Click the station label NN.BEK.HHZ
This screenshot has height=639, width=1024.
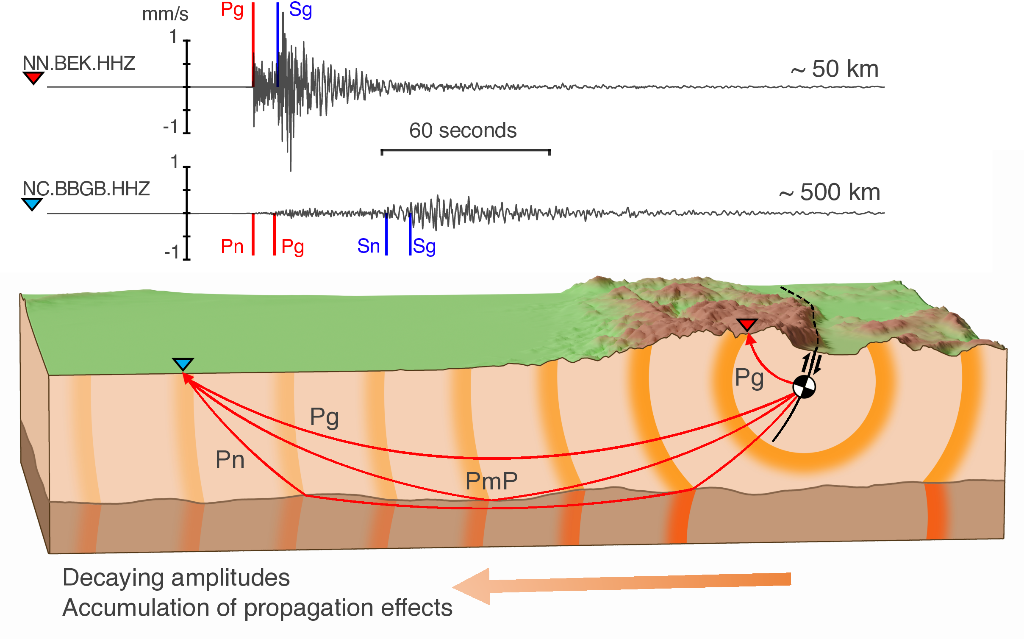coord(79,64)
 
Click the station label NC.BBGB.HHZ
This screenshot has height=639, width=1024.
coord(86,189)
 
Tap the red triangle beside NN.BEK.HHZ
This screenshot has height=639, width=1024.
coord(33,78)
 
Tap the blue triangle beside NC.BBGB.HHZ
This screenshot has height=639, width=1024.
coord(32,204)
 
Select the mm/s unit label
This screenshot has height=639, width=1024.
coord(165,14)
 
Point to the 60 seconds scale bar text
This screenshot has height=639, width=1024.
coord(463,131)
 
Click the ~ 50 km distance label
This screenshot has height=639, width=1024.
coord(834,69)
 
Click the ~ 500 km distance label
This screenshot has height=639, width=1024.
coord(829,192)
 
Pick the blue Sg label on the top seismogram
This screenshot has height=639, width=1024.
coord(300,10)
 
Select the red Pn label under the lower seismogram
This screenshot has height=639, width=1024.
coord(232,246)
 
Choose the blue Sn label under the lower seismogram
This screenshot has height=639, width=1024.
coord(368,246)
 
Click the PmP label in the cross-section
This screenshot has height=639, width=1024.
coord(491,481)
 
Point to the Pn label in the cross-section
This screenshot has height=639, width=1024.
coord(230,459)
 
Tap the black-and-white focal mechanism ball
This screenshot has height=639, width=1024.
coord(804,387)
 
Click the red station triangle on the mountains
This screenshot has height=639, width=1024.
coord(746,324)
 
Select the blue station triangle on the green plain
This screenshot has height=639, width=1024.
coord(183,364)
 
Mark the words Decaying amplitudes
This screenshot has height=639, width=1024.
coord(176,578)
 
